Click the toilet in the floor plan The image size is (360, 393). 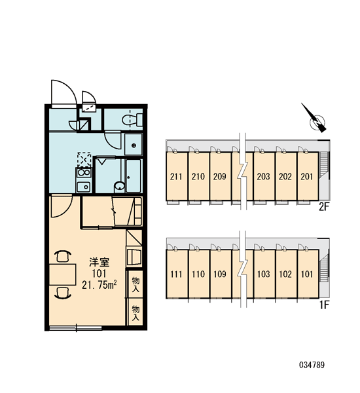(132, 120)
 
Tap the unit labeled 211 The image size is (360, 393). (177, 176)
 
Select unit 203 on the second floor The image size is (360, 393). (264, 176)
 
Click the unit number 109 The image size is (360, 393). (220, 274)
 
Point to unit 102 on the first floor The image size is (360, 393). (285, 274)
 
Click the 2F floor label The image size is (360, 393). (323, 207)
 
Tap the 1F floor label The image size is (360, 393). (324, 305)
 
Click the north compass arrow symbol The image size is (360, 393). (315, 119)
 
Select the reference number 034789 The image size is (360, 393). (312, 365)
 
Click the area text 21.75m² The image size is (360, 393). (99, 285)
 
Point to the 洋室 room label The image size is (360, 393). (99, 262)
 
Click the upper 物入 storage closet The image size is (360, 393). (135, 284)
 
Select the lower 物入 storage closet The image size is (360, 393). (135, 312)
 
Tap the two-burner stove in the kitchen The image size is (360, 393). (83, 173)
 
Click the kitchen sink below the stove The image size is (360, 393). (83, 187)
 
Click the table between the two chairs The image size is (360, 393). (62, 274)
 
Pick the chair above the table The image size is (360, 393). (63, 256)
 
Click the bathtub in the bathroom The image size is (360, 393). (134, 176)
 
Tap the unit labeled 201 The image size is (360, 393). (308, 176)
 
